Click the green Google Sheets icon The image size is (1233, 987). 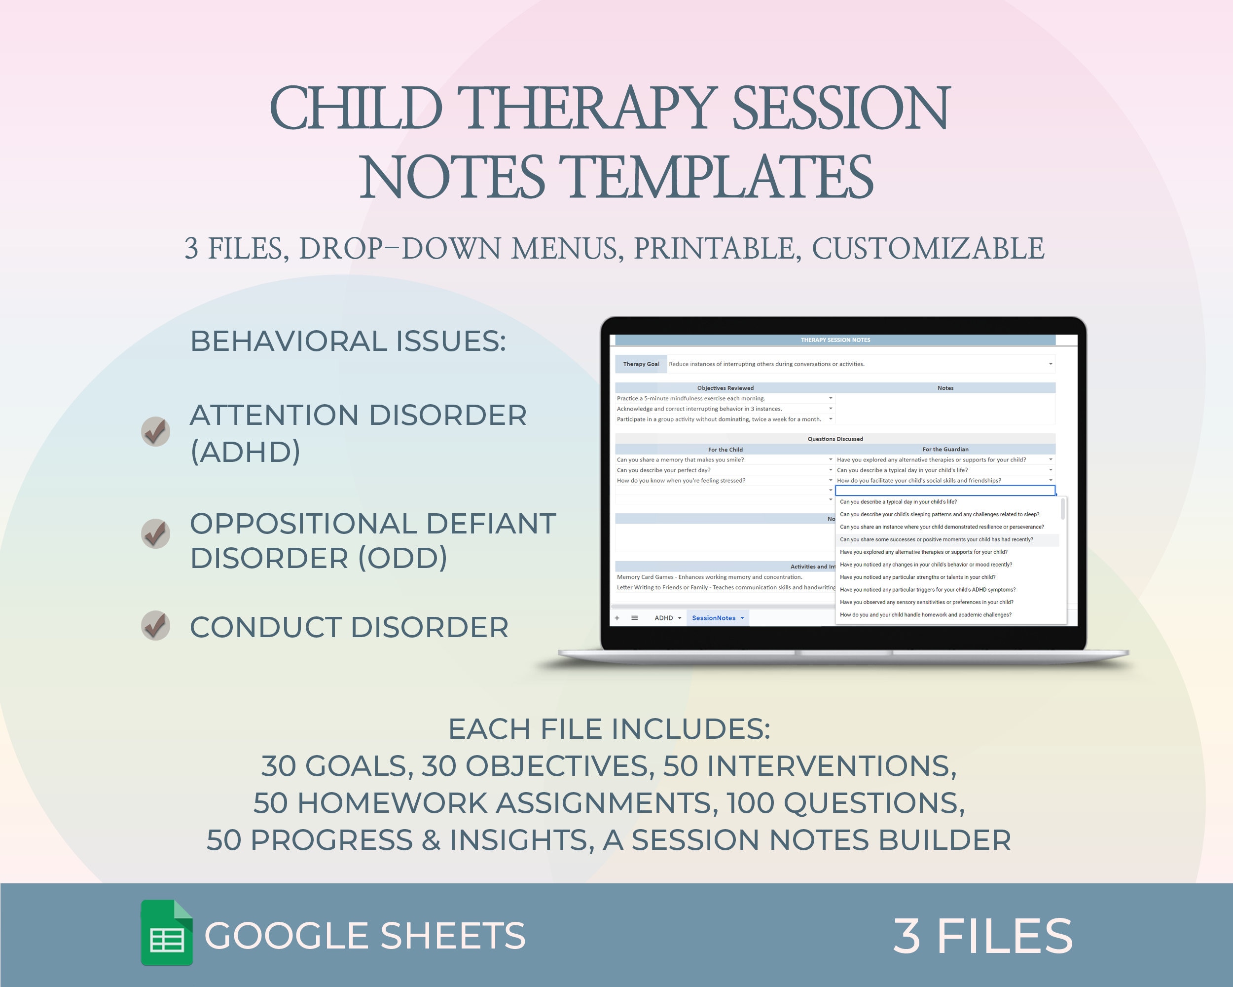(x=166, y=933)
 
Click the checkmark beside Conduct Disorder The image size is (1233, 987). (x=155, y=625)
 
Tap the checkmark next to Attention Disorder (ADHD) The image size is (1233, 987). (x=155, y=431)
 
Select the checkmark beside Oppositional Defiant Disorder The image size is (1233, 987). (x=155, y=533)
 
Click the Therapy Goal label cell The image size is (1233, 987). (x=641, y=364)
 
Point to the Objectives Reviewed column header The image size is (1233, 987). (x=725, y=388)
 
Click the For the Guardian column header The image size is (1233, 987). (x=945, y=449)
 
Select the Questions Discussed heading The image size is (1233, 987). (x=835, y=439)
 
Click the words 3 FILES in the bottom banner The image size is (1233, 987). (x=982, y=936)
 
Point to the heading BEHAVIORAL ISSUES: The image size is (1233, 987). (x=348, y=341)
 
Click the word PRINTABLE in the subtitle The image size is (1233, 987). (x=717, y=248)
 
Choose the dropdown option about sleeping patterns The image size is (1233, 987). (x=939, y=514)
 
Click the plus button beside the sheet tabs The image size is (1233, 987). (x=617, y=618)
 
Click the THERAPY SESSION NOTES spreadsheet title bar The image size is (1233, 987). (x=835, y=340)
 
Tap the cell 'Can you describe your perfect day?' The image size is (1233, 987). (x=663, y=470)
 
